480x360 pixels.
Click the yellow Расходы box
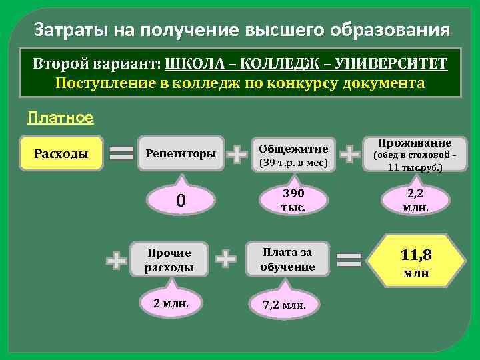pos(61,154)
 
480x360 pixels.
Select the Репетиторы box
pos(181,154)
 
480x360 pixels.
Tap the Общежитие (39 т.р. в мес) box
pos(293,155)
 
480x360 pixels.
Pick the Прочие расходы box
pos(169,260)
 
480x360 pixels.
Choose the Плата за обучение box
pos(288,259)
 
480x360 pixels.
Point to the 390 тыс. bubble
pos(293,200)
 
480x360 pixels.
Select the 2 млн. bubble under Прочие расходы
pos(171,304)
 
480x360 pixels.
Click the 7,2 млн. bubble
pos(285,305)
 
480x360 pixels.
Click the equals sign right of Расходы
pos(121,154)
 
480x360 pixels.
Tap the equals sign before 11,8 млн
pos(350,259)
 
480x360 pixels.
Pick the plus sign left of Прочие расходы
pos(117,260)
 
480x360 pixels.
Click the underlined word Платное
pos(60,118)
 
